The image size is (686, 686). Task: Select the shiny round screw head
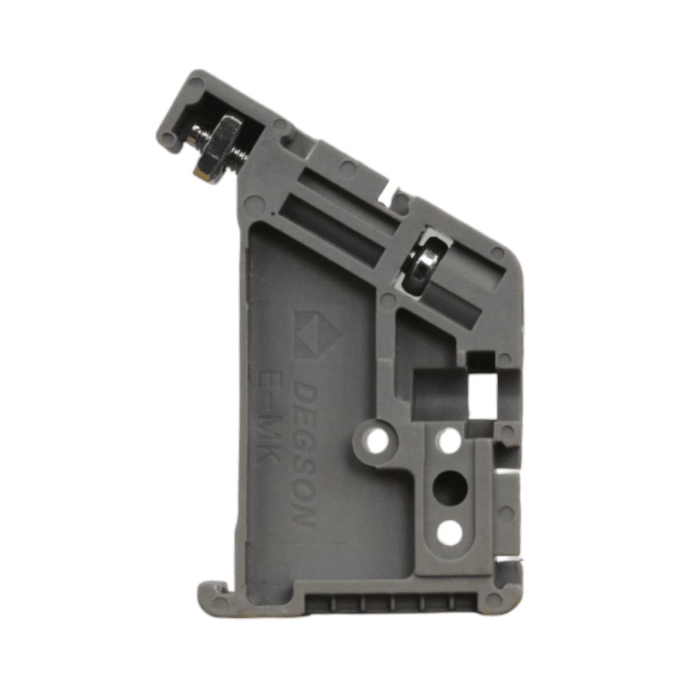click(423, 264)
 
